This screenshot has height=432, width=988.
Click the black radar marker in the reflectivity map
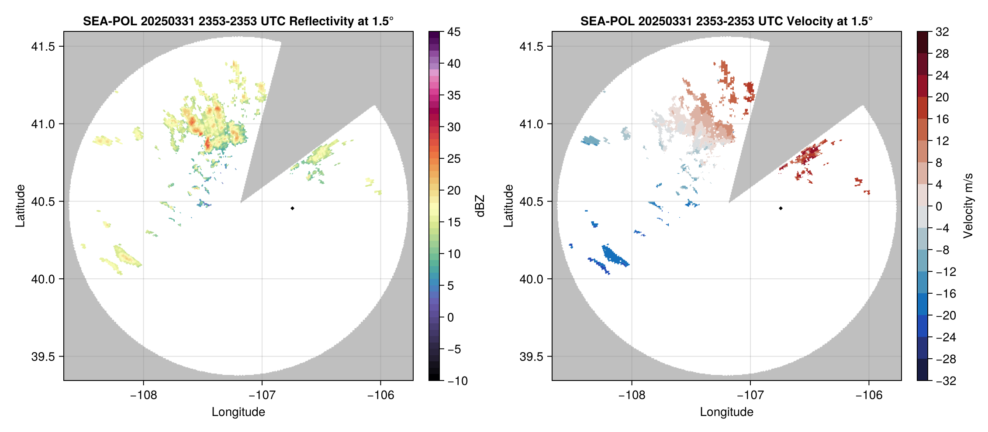tap(292, 208)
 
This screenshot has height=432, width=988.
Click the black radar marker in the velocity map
tap(781, 208)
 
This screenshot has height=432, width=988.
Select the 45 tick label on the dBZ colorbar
tap(454, 32)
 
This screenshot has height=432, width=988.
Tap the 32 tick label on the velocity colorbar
tap(942, 32)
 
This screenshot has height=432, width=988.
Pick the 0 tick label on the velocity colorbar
tap(939, 206)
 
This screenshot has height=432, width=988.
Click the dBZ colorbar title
tap(480, 206)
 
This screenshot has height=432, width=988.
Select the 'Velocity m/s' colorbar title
tap(968, 206)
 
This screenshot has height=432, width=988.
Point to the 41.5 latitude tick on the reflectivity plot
tap(43, 46)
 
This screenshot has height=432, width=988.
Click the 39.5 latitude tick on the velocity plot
tap(532, 357)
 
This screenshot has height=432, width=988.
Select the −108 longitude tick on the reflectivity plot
tap(143, 395)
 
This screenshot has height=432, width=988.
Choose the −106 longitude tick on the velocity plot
tap(869, 395)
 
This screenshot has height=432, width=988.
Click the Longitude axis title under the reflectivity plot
tap(238, 412)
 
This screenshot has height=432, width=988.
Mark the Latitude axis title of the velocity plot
tap(508, 206)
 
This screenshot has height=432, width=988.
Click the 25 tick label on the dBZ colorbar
tap(454, 159)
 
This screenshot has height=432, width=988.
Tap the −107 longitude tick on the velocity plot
tap(750, 395)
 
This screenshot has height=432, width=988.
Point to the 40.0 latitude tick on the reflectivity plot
tap(43, 279)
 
